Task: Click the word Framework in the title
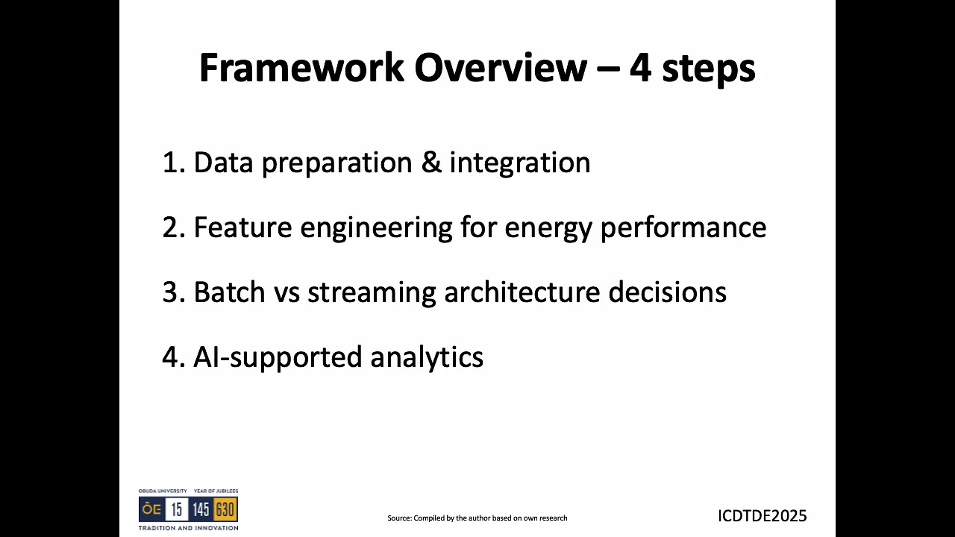[x=301, y=68]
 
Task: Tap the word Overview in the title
[x=501, y=68]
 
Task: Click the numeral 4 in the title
[x=640, y=68]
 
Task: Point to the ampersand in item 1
[x=430, y=163]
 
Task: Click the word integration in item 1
[x=519, y=163]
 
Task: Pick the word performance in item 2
[x=683, y=227]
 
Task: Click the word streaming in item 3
[x=372, y=293]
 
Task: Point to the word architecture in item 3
[x=522, y=292]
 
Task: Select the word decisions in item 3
[x=667, y=292]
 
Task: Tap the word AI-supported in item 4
[x=278, y=358]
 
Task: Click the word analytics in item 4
[x=427, y=358]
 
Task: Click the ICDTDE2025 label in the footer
[x=762, y=516]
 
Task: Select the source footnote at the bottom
[x=477, y=518]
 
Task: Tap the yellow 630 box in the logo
[x=225, y=510]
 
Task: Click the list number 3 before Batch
[x=171, y=292]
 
